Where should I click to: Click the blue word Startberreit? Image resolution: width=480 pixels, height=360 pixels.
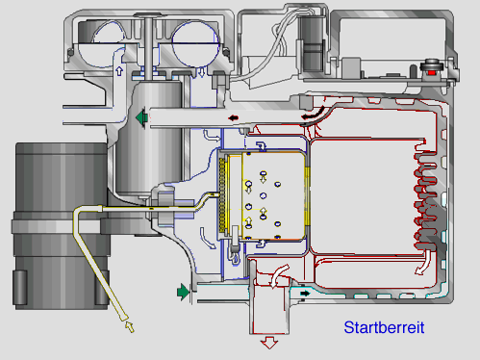tap(384, 327)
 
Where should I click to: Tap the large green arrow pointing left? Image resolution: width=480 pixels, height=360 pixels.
tap(141, 118)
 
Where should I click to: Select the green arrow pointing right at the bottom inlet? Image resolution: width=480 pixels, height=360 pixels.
tap(183, 292)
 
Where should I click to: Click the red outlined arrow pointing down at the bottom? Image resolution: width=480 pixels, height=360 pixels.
tap(269, 343)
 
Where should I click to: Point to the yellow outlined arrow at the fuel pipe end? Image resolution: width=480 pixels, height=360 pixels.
tap(130, 326)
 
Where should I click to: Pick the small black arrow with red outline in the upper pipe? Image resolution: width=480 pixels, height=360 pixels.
tap(234, 118)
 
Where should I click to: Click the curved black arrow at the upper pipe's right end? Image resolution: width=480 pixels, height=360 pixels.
tap(313, 114)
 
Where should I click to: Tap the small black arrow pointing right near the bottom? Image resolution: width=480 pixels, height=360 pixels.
tap(305, 293)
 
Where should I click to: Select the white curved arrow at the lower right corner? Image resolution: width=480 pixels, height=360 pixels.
tap(424, 263)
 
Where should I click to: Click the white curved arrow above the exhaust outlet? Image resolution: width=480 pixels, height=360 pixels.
tap(277, 275)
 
